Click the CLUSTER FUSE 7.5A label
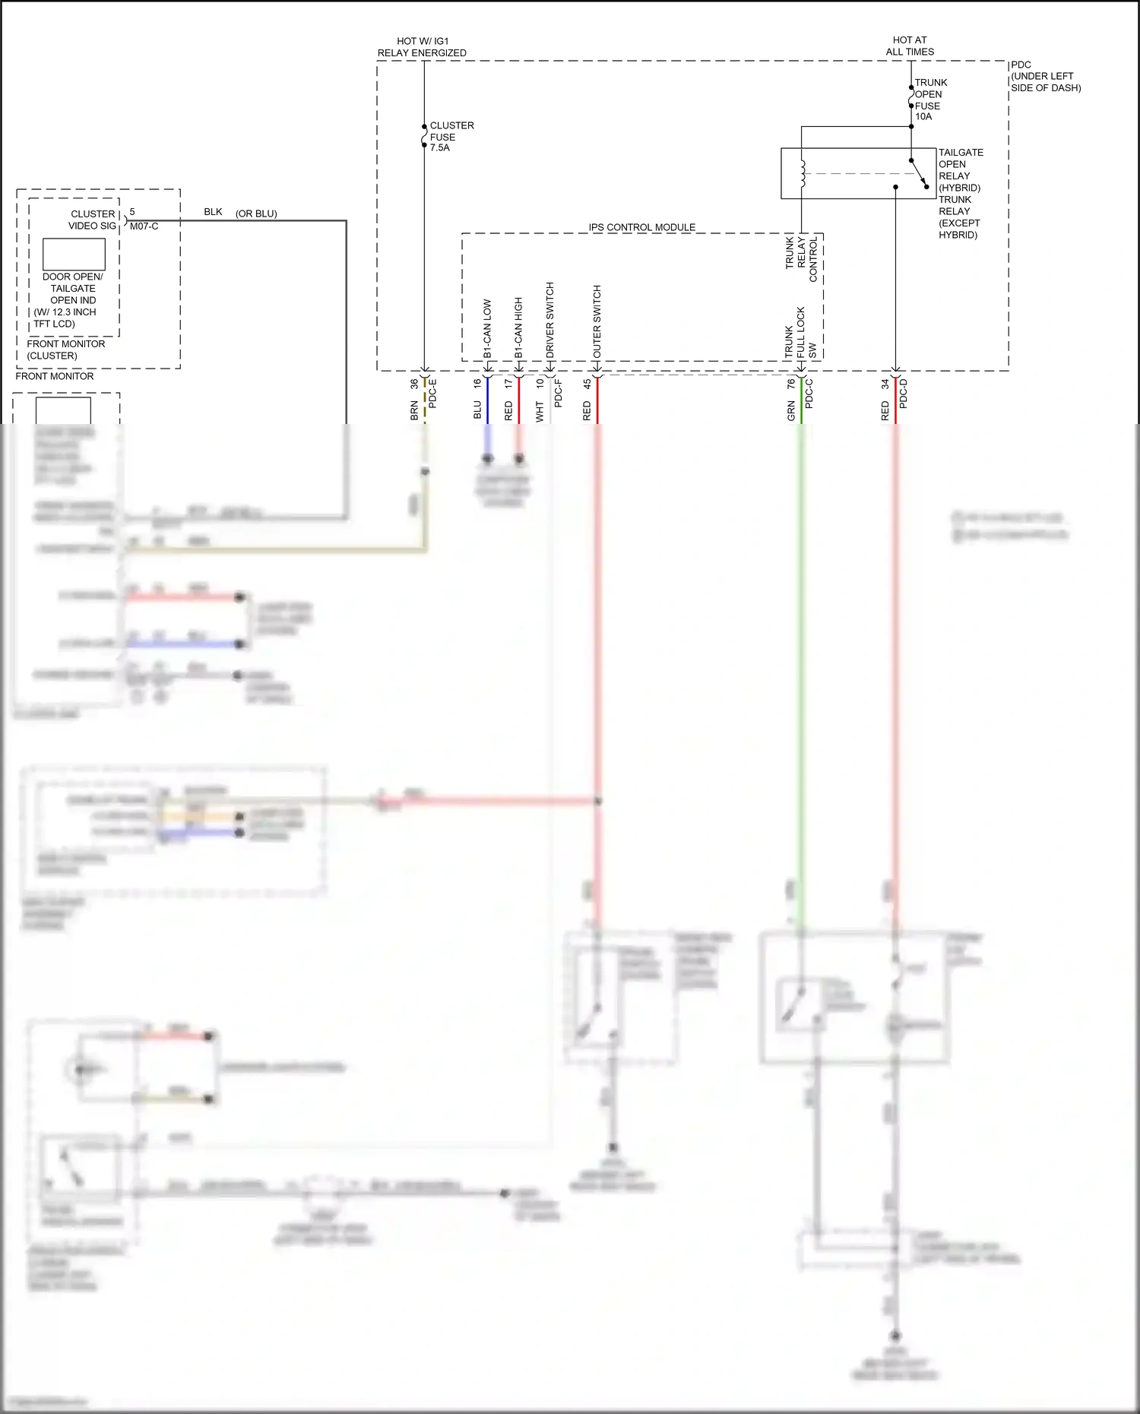click(451, 137)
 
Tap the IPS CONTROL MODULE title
click(641, 227)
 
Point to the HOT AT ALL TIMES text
click(910, 46)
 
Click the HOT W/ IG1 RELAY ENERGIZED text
click(422, 47)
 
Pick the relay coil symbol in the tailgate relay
click(802, 173)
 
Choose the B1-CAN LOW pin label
click(487, 328)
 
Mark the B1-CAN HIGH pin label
click(518, 327)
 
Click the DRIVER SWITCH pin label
click(549, 320)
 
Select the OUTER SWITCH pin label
click(597, 321)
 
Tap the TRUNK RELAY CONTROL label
click(801, 258)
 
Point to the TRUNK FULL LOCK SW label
click(800, 333)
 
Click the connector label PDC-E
click(432, 394)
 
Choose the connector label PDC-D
click(904, 394)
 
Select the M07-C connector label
click(144, 226)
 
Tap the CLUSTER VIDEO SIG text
click(93, 220)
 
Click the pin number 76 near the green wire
click(791, 384)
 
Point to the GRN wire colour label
click(791, 411)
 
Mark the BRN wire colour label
click(414, 410)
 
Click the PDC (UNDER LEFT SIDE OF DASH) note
click(1045, 76)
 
